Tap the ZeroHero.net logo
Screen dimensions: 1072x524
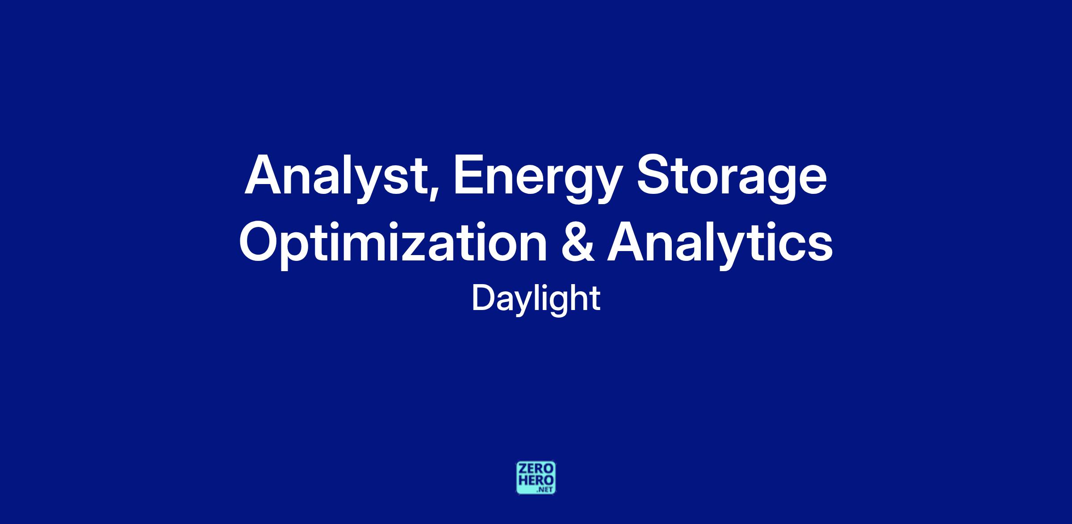point(536,478)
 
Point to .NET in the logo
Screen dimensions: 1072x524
point(545,490)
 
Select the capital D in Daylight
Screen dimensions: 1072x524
point(484,298)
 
